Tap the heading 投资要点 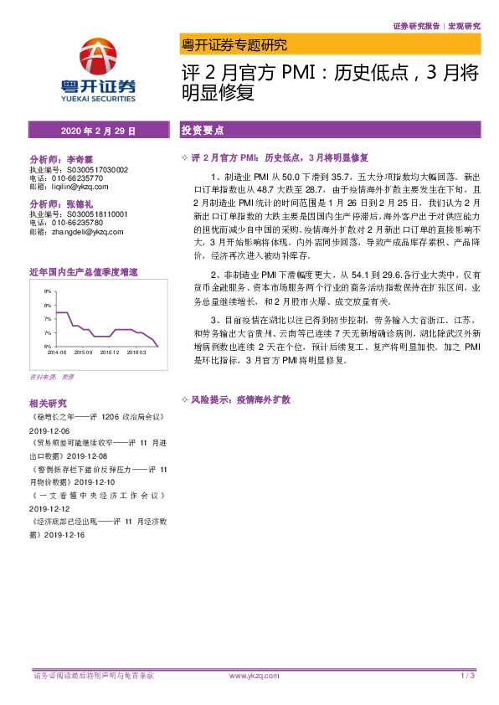pos(202,131)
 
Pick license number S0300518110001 pos(88,214)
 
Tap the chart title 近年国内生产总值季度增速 pos(83,272)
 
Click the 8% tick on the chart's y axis pos(48,290)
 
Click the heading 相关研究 pos(51,403)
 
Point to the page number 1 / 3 pos(467,676)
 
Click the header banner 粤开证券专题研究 pos(234,44)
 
